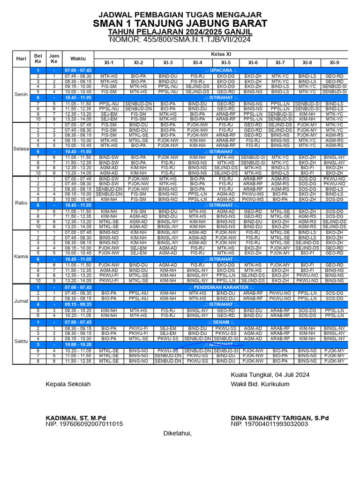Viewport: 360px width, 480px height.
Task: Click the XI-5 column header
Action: pyautogui.click(x=226, y=63)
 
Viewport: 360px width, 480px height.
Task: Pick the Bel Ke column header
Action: pyautogui.click(x=38, y=59)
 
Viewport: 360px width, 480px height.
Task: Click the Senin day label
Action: pyautogui.click(x=21, y=93)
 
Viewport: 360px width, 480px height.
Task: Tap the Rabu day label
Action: pyautogui.click(x=21, y=202)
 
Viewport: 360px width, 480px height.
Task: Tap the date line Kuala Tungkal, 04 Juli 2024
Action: pyautogui.click(x=270, y=375)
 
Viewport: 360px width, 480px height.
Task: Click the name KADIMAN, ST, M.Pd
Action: pyautogui.click(x=76, y=418)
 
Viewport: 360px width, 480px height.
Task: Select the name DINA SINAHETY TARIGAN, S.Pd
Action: pyautogui.click(x=280, y=418)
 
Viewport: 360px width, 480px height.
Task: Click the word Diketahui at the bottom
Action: pyautogui.click(x=178, y=434)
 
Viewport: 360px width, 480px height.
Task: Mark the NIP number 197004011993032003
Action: pyautogui.click(x=270, y=424)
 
